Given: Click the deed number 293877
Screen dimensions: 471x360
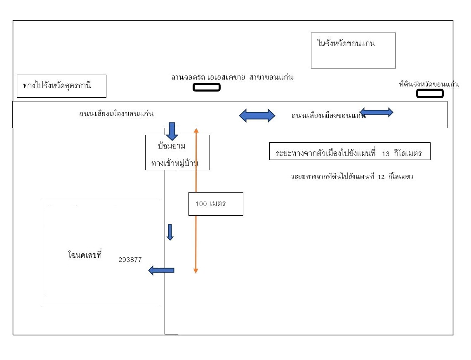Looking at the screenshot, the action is click(130, 260).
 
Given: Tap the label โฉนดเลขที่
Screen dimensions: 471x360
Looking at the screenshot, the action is click(85, 254).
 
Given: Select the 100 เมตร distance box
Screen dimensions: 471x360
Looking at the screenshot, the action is click(216, 204).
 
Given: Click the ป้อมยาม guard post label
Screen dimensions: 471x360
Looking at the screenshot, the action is click(172, 146).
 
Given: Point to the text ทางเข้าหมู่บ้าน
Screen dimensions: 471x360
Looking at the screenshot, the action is click(175, 163).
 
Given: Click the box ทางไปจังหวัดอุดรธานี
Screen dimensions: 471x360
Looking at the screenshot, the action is click(61, 86).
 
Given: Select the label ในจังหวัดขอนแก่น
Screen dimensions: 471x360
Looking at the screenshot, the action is click(346, 43).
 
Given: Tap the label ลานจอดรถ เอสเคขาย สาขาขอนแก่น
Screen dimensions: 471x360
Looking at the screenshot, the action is click(232, 78).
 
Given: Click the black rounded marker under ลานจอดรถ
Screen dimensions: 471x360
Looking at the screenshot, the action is click(207, 87).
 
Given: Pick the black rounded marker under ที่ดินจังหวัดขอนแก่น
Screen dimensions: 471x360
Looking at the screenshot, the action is click(430, 94).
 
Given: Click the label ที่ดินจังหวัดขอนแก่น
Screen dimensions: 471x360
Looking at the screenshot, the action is click(429, 84).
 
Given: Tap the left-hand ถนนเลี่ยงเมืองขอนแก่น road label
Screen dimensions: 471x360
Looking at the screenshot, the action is click(116, 114).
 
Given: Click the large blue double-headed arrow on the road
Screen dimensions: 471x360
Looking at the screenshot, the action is click(257, 115).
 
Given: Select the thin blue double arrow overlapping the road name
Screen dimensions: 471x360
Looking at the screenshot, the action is click(377, 112).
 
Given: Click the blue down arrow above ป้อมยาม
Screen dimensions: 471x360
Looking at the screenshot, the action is click(172, 131).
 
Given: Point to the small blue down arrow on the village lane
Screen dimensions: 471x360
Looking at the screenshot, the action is click(170, 232).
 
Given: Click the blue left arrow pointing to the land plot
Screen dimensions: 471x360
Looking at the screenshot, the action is click(161, 270).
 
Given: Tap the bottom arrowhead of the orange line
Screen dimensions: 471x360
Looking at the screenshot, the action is click(195, 271).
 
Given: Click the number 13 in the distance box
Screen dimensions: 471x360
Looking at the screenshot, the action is click(386, 154).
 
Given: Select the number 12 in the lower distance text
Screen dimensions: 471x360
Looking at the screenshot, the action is click(381, 177).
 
